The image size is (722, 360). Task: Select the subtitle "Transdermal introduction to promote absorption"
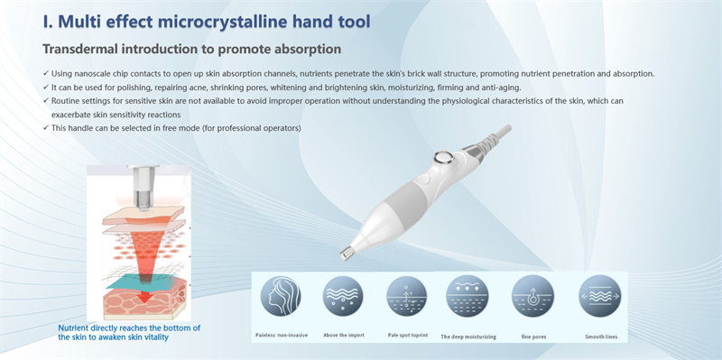191,48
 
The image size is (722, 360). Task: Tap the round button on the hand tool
443,158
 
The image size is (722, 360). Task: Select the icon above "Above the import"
342,295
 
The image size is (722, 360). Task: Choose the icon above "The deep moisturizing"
467,295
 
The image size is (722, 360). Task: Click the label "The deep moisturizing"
468,336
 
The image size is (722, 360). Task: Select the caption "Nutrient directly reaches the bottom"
128,328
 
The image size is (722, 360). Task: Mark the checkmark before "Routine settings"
46,101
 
